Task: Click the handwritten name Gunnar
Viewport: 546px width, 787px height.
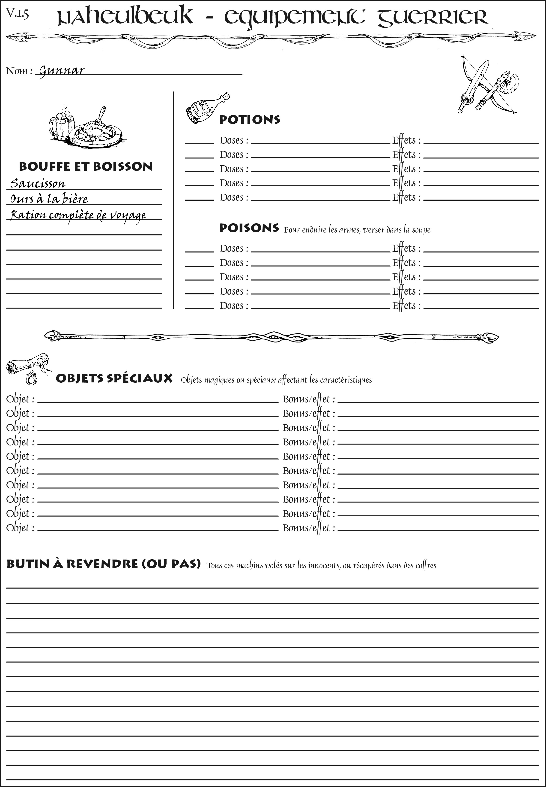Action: (62, 71)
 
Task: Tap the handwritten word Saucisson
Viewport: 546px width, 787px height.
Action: (38, 184)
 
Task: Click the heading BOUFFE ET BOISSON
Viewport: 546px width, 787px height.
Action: (86, 166)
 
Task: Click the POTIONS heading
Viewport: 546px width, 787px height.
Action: (249, 120)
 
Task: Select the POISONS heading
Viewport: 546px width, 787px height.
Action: (249, 228)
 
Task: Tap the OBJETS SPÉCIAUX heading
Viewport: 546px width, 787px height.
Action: (114, 378)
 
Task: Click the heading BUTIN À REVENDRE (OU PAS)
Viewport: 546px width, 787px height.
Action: (103, 564)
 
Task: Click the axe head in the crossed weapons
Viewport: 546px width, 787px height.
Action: (512, 82)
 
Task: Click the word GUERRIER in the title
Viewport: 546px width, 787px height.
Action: (433, 17)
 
